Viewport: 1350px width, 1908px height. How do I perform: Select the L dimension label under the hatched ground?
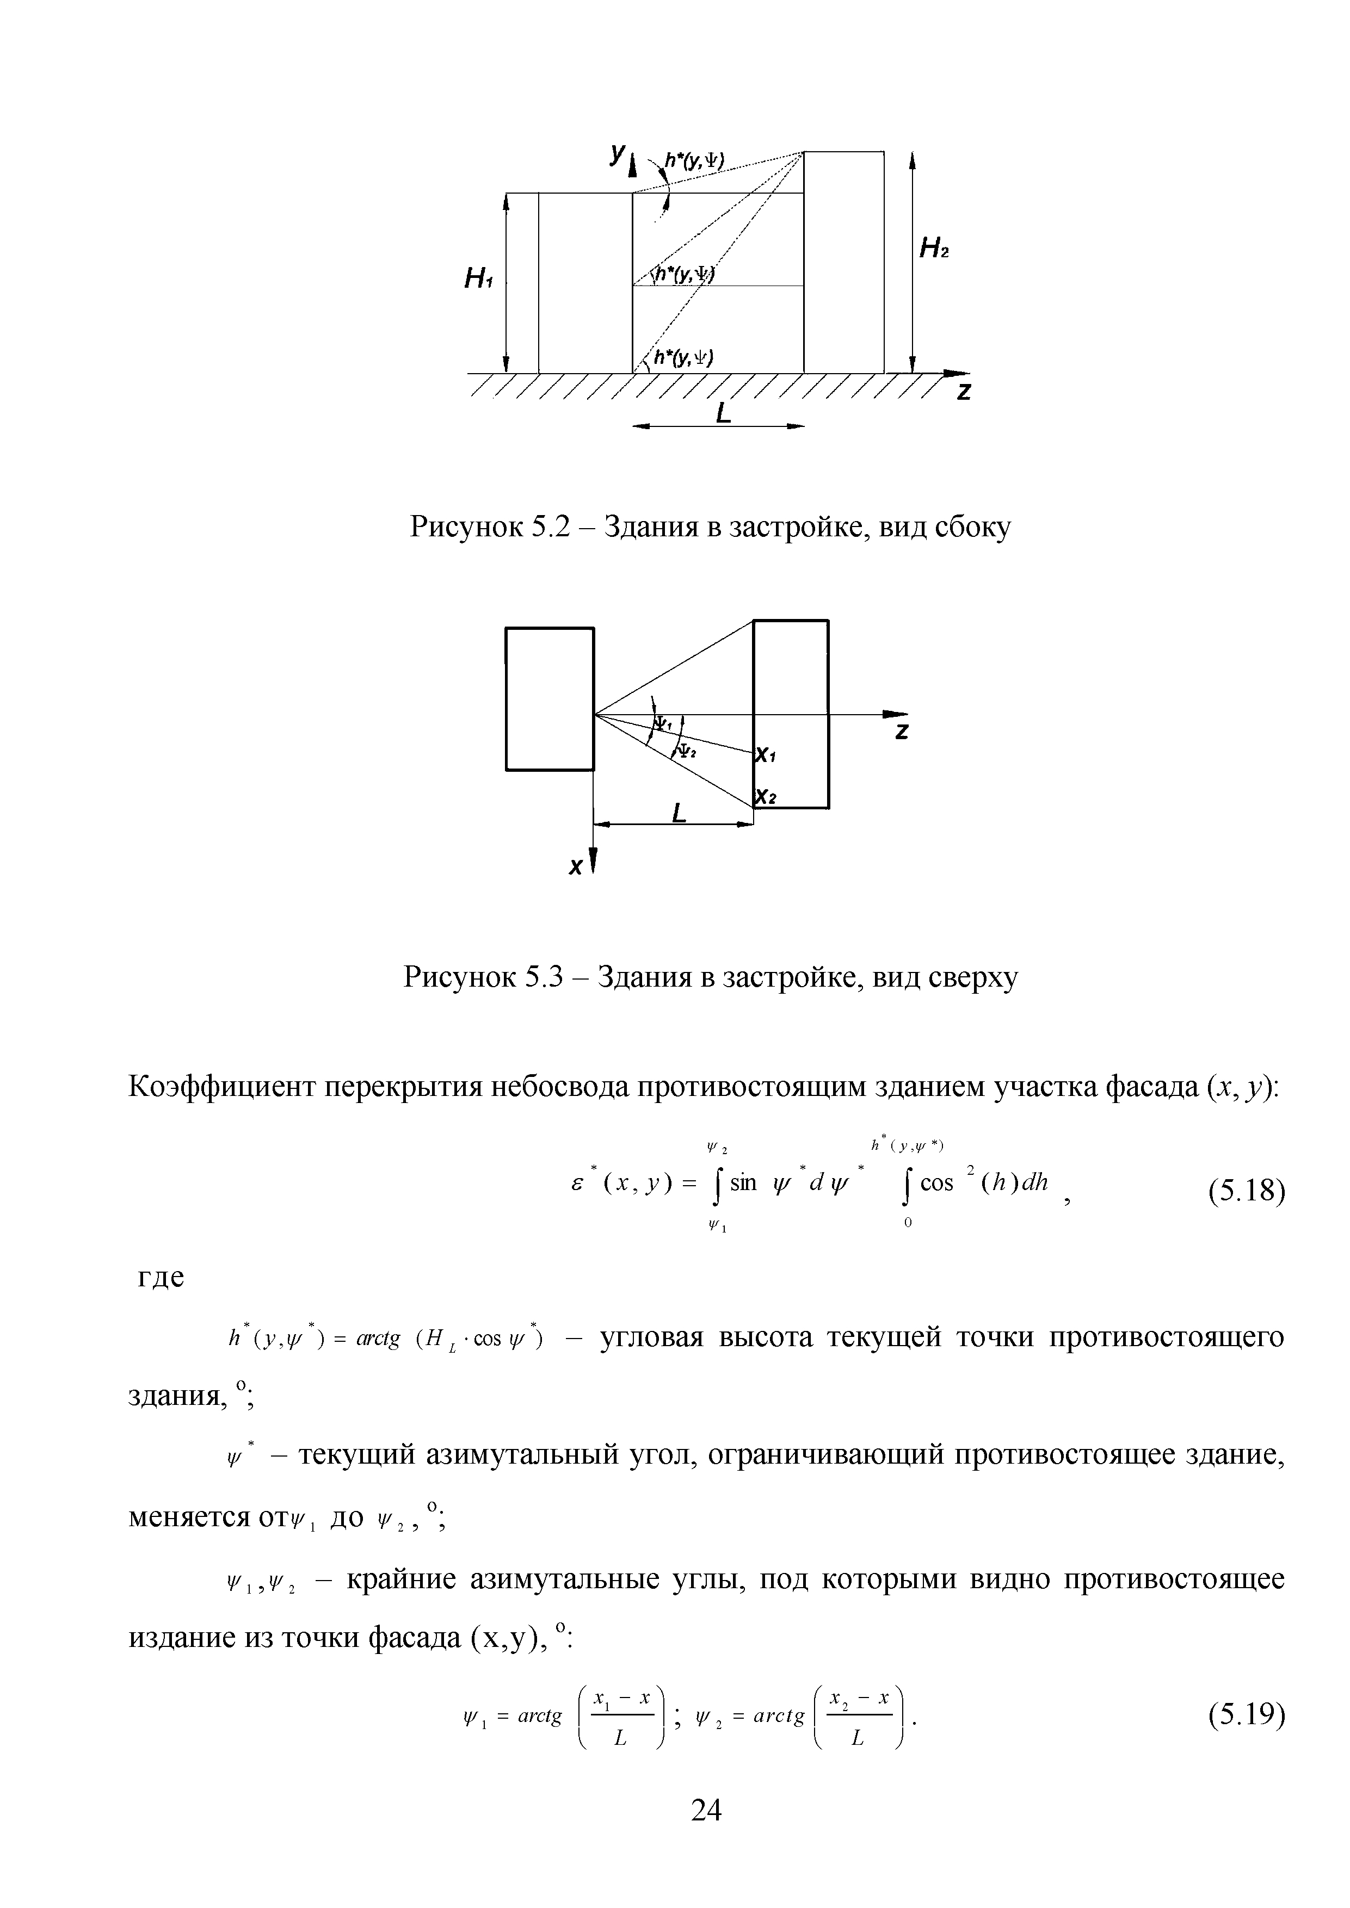tap(723, 413)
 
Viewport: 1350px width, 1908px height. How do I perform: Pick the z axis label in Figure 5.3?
tap(903, 732)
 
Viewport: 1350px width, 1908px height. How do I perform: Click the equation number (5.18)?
tap(1246, 1192)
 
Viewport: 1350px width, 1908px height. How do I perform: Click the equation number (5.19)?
tap(1246, 1714)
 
